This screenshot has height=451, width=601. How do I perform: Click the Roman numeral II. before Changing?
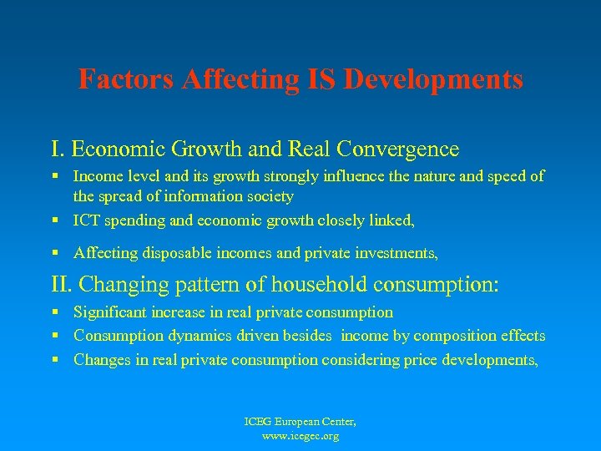point(63,284)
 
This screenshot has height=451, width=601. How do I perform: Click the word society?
point(265,196)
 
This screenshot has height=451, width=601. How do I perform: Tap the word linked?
point(391,220)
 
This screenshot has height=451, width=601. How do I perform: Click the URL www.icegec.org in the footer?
point(300,436)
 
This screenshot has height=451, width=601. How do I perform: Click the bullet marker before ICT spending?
point(55,221)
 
